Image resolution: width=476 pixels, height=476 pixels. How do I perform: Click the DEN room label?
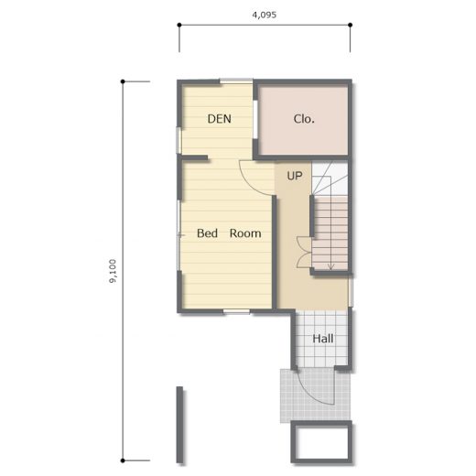(x=219, y=119)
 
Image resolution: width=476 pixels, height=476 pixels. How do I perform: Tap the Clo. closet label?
(x=304, y=119)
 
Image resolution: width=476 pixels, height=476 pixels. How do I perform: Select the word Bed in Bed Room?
(x=207, y=233)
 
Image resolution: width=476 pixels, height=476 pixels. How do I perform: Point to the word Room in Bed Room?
(x=245, y=233)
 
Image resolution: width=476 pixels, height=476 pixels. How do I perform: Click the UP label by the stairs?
(x=295, y=176)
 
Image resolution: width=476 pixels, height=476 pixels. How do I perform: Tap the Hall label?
(x=323, y=339)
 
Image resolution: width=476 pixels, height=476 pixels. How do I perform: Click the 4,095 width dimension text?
(x=265, y=15)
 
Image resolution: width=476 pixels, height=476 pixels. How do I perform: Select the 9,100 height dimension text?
(x=113, y=271)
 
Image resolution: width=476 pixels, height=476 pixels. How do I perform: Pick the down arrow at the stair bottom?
(x=330, y=266)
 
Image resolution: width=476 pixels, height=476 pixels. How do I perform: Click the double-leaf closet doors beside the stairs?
(x=304, y=253)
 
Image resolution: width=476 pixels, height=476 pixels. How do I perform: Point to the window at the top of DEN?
(x=236, y=81)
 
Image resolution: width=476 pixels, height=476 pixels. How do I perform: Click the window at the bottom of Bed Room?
(x=236, y=311)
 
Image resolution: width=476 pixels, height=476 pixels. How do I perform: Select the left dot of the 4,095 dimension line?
(x=179, y=25)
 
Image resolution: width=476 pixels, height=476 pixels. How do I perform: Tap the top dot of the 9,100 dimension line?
(x=123, y=81)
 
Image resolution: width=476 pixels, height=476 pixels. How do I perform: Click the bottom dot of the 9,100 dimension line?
(x=123, y=460)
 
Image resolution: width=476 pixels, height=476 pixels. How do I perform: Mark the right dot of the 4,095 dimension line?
(x=351, y=25)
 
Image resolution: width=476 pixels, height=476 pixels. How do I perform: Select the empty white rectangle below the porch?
(x=322, y=443)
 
